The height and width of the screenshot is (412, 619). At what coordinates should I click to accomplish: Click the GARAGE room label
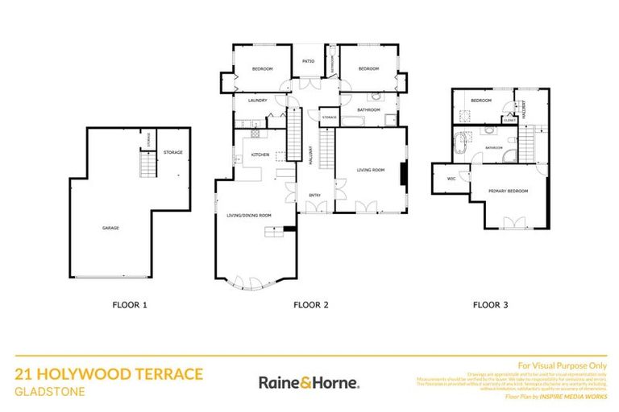coord(110,228)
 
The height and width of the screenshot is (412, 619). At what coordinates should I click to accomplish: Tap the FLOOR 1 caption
coord(129,305)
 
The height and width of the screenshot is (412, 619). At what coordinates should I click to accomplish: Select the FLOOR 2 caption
coord(311,305)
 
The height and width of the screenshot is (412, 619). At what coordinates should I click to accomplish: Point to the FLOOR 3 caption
coord(490,305)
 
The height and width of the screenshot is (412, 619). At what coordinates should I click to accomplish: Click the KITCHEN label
coord(259,154)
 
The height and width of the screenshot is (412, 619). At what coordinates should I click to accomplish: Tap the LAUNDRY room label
coord(257,101)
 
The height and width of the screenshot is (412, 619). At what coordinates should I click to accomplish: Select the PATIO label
coord(307,61)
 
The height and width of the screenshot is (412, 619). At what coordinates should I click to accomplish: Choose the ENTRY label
coord(315,196)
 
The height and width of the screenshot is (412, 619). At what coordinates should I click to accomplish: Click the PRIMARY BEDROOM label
coord(508,191)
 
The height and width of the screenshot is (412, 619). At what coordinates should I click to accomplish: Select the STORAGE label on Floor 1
coord(172,152)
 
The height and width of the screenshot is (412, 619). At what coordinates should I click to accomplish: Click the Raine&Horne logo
coord(309,382)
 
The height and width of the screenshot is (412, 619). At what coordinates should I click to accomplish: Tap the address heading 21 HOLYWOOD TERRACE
coord(109,374)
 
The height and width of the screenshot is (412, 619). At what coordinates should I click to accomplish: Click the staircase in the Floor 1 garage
coord(146,166)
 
